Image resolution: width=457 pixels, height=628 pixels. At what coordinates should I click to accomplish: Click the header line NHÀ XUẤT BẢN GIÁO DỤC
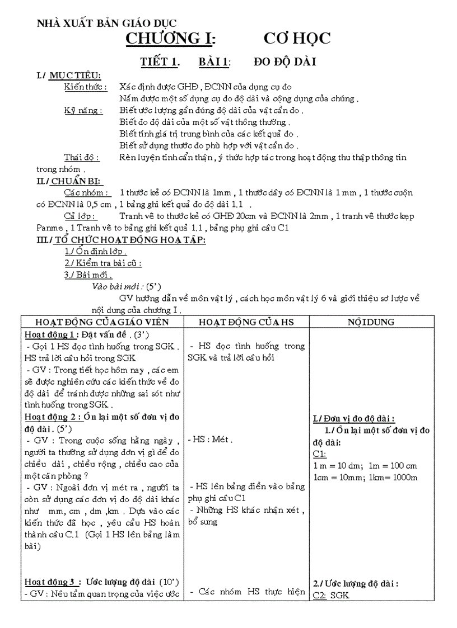[x=106, y=23]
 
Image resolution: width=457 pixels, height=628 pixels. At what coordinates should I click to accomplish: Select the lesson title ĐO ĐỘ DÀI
[x=285, y=62]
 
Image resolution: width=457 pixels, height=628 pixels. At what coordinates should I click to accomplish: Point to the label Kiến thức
[x=85, y=87]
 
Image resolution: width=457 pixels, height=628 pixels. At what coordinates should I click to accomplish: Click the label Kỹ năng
[x=83, y=111]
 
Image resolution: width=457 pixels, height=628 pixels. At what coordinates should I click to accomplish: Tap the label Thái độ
[x=82, y=157]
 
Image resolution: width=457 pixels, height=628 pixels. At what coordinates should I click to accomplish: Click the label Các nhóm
[x=87, y=192]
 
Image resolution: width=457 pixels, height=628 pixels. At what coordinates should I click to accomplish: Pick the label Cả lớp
[x=81, y=216]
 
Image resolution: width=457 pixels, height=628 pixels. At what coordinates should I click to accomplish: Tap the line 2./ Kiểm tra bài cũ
[x=103, y=263]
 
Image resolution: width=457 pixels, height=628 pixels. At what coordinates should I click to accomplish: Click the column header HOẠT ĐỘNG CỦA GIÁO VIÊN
[x=101, y=322]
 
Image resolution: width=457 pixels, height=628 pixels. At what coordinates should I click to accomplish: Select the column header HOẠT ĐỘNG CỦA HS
[x=246, y=322]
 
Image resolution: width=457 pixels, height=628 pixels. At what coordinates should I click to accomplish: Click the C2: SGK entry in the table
[x=331, y=595]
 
